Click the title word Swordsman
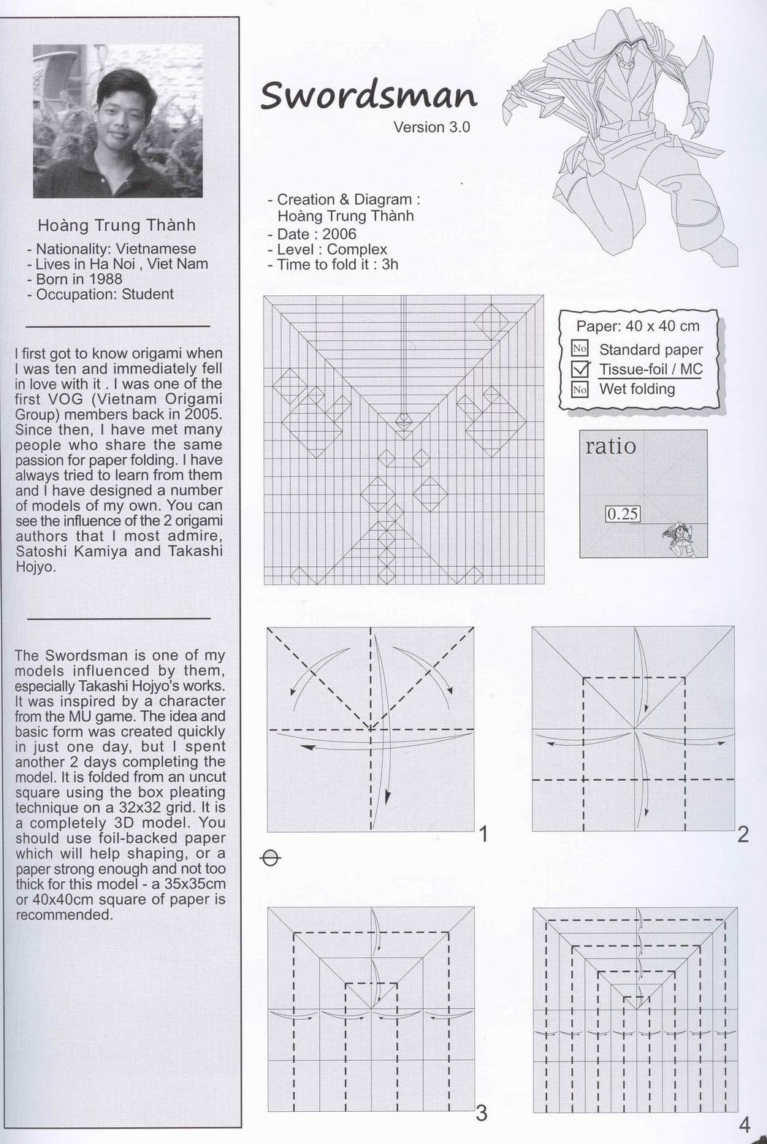[x=368, y=96]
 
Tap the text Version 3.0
[x=431, y=127]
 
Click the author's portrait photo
[x=118, y=121]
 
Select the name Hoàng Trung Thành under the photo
[x=117, y=225]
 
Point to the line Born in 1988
[x=78, y=279]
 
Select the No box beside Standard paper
[x=580, y=349]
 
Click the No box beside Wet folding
[x=580, y=389]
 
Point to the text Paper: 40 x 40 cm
[x=637, y=327]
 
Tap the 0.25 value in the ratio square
[x=622, y=514]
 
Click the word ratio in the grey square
[x=610, y=446]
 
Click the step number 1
[x=483, y=834]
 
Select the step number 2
[x=743, y=834]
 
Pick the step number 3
[x=481, y=1113]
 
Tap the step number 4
[x=744, y=1124]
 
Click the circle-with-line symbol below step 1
[x=270, y=858]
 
